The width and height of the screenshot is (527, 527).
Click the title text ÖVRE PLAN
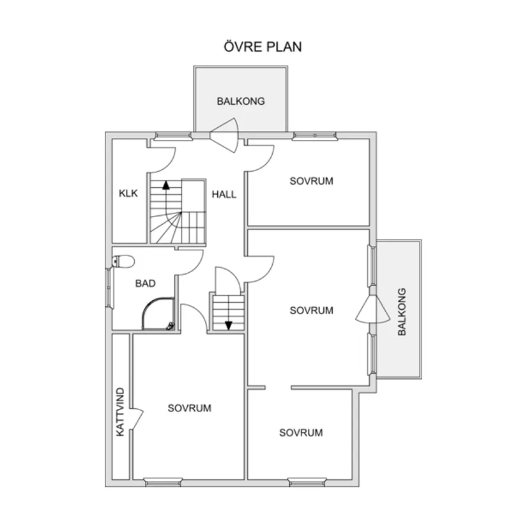point(263,47)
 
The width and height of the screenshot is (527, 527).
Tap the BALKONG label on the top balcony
point(240,101)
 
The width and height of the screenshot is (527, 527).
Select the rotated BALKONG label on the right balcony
point(402,312)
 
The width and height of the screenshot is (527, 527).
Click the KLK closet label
point(128,194)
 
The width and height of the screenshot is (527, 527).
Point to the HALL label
point(224,194)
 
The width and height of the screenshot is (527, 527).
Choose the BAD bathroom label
point(145,283)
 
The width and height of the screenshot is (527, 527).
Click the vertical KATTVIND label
point(121,412)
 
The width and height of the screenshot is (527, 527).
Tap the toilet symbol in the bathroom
point(122,261)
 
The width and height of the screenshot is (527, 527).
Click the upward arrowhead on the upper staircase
point(166,186)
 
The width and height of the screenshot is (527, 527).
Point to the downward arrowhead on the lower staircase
point(228,325)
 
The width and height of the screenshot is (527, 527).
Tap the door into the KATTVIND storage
point(135,419)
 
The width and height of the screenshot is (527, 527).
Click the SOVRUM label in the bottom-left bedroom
point(190,408)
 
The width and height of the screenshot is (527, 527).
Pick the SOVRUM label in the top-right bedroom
point(311,181)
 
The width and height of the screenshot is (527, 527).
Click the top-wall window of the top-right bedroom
point(314,135)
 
